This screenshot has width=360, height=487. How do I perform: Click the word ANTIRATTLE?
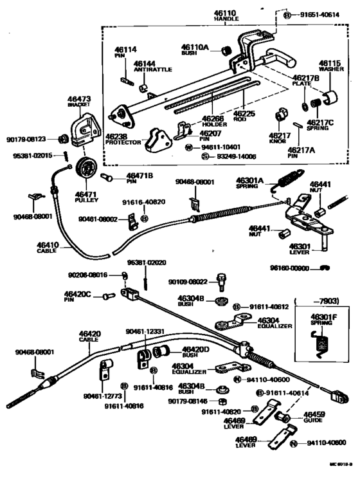point(148,70)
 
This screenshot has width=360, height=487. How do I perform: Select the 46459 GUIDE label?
point(314,418)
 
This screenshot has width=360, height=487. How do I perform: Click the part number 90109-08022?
point(188,281)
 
